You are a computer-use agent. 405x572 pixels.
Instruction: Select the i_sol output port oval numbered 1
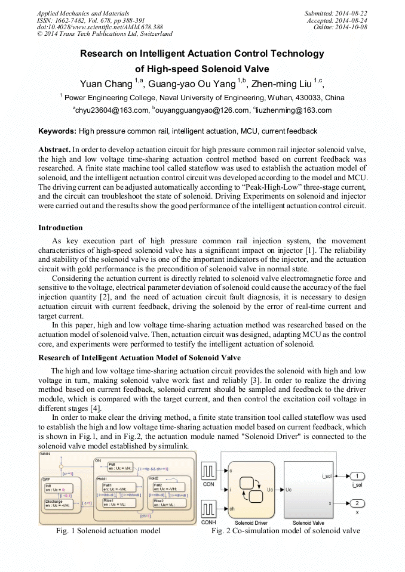(x=357, y=475)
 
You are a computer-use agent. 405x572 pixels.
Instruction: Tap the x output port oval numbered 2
(x=357, y=503)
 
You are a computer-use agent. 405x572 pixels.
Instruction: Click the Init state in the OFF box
(x=56, y=487)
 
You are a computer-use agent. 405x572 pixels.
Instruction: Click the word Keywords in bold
(x=57, y=131)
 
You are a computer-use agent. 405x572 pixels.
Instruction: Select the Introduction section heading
(x=60, y=227)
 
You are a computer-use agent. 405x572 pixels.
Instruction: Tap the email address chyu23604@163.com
(x=111, y=110)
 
